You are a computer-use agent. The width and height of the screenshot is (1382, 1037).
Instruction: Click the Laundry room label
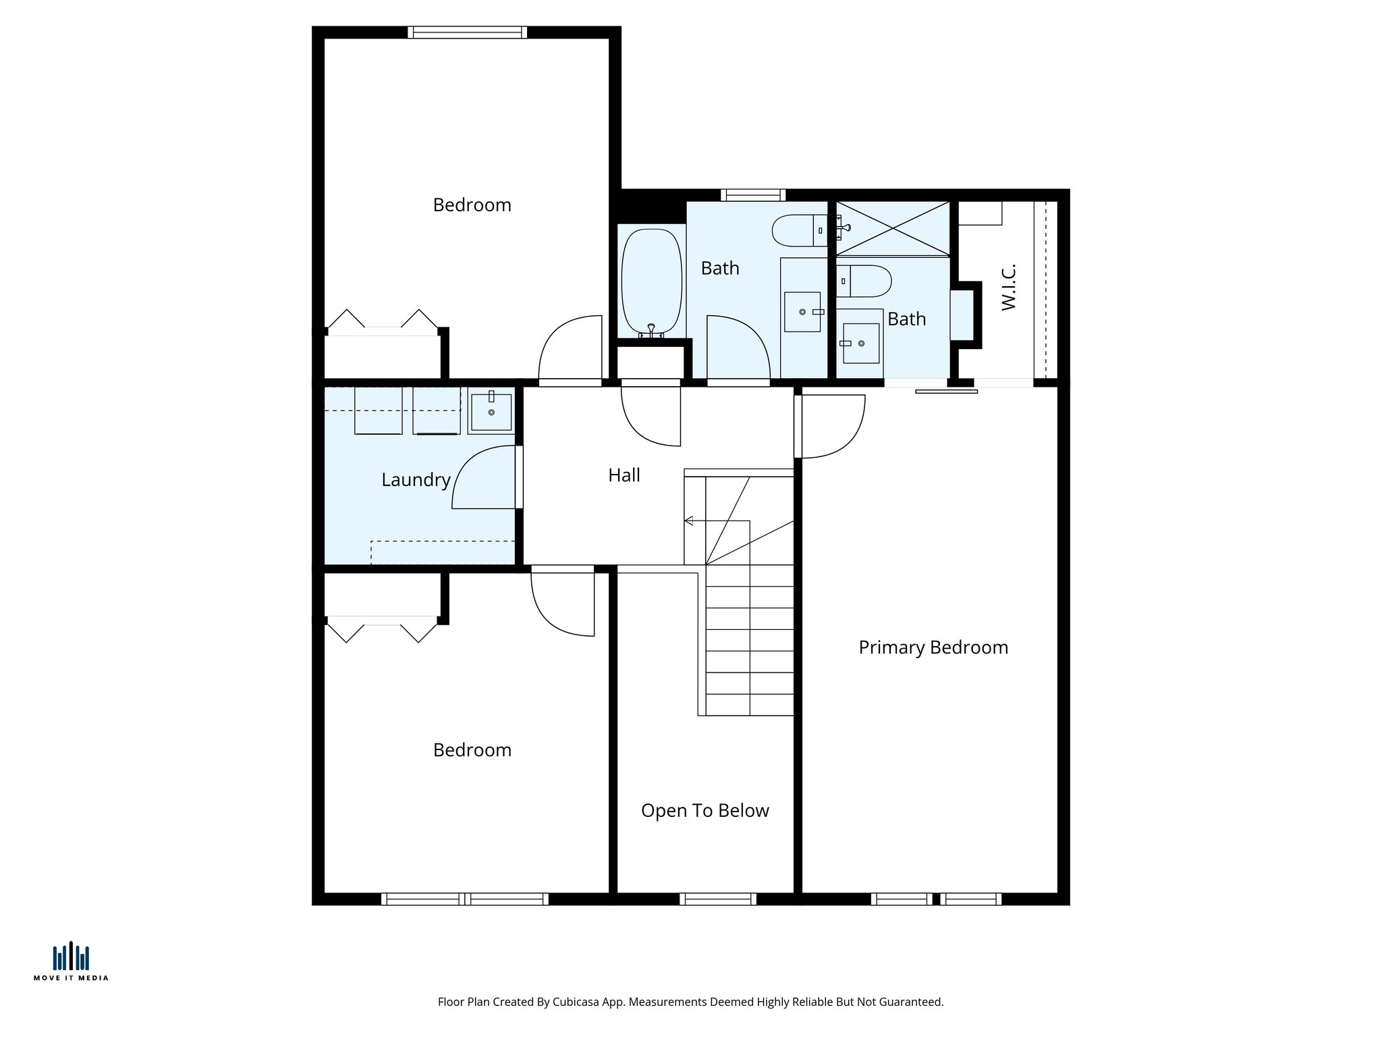click(x=416, y=480)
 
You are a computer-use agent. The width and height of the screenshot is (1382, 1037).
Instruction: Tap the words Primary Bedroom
click(x=933, y=647)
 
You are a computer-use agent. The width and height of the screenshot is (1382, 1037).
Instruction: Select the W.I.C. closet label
click(x=1009, y=288)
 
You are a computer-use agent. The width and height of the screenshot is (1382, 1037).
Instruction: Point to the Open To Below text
click(x=704, y=811)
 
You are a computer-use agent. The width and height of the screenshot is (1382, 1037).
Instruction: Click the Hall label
click(x=624, y=475)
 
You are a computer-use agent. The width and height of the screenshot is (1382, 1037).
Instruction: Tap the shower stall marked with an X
click(x=892, y=229)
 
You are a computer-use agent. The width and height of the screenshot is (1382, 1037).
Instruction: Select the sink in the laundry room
click(x=491, y=412)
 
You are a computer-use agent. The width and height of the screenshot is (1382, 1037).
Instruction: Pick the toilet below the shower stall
click(x=864, y=281)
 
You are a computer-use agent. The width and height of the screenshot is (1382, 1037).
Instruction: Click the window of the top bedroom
click(x=467, y=32)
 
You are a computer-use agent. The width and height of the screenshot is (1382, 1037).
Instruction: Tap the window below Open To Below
click(x=717, y=899)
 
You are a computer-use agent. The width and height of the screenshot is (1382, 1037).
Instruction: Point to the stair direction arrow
click(x=689, y=521)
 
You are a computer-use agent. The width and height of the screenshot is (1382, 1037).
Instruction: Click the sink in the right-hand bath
click(x=861, y=344)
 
